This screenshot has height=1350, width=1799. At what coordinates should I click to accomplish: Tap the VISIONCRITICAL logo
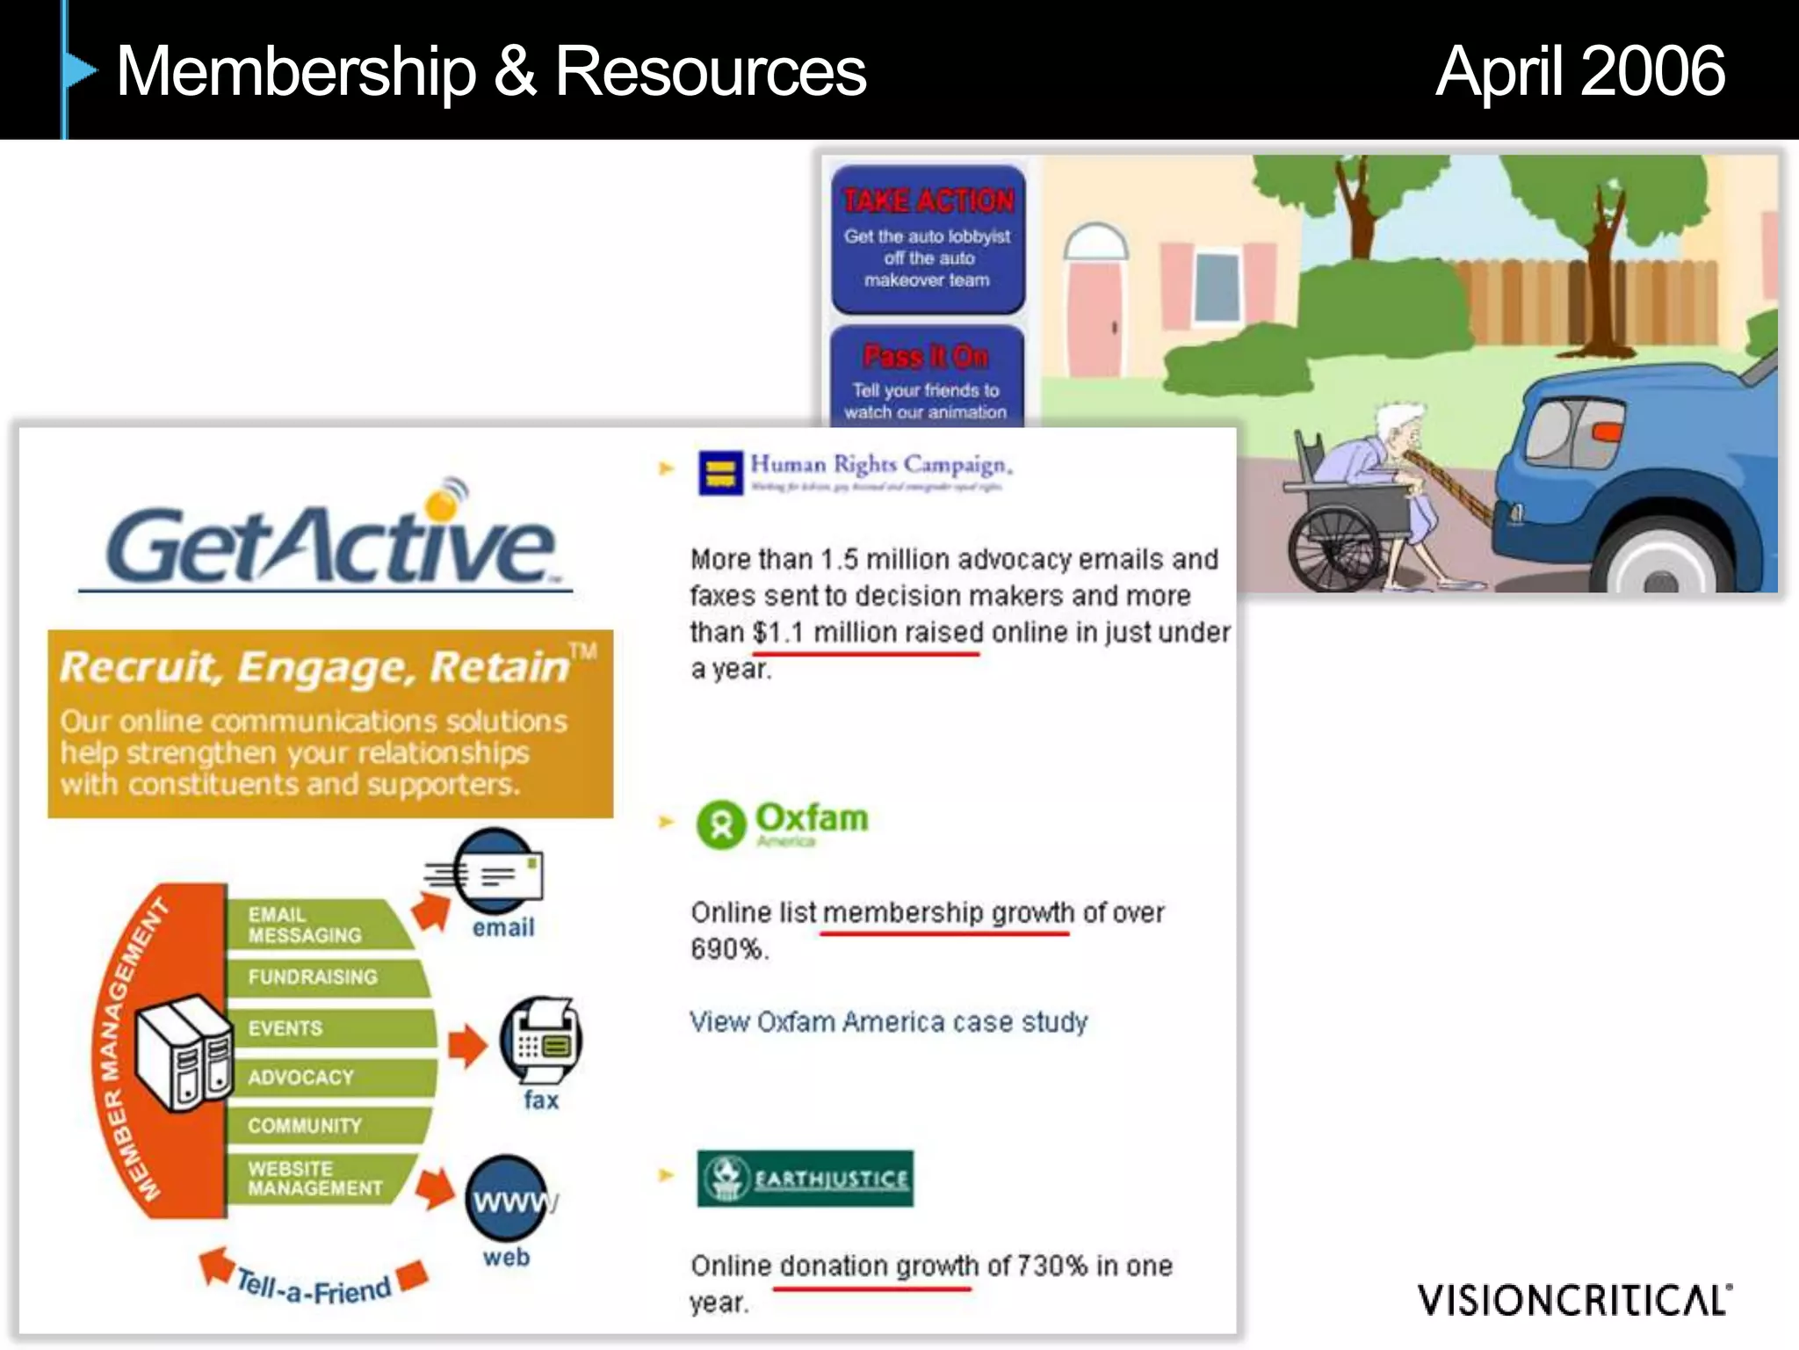[x=1573, y=1300]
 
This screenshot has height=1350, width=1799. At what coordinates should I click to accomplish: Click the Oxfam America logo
[x=782, y=824]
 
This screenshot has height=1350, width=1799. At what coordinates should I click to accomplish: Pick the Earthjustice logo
[x=805, y=1178]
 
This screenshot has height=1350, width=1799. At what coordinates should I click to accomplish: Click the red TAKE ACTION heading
[x=928, y=201]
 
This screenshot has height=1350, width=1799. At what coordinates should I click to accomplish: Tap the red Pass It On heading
[x=926, y=356]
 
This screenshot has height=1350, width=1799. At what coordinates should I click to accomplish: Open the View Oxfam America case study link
[x=888, y=1022]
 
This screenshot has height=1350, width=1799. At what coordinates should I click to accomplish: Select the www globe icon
[x=508, y=1199]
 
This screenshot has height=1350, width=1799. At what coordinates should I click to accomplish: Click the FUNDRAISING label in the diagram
[x=313, y=976]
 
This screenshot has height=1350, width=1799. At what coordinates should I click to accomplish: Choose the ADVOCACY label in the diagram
[x=300, y=1078]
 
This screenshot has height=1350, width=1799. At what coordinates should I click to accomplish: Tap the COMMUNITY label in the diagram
[x=304, y=1126]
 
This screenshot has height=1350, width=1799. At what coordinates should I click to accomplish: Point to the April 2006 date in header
[x=1579, y=71]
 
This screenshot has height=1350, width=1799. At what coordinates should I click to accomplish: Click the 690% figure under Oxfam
[x=728, y=949]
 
